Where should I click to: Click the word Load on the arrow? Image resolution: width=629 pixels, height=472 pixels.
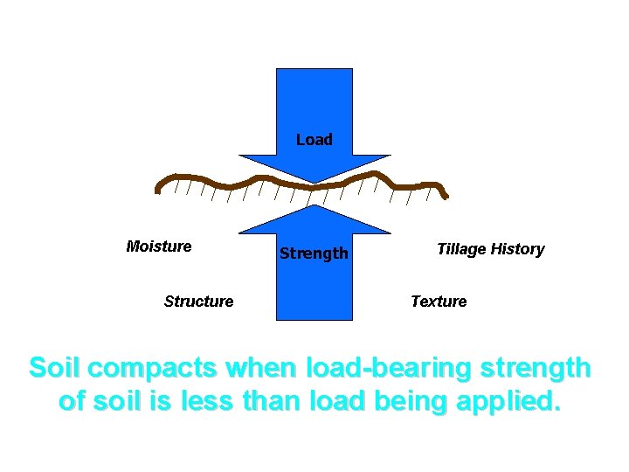(314, 140)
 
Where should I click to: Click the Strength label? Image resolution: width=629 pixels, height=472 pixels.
(314, 253)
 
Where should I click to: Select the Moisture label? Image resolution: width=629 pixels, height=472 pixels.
(159, 246)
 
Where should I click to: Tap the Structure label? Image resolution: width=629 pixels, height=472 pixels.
(198, 302)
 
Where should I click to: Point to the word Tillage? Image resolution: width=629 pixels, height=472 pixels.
(461, 249)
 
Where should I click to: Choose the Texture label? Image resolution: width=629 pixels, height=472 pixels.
(439, 302)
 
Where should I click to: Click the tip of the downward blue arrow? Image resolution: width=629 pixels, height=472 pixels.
(314, 183)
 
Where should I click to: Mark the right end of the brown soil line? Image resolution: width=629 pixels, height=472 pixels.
(446, 196)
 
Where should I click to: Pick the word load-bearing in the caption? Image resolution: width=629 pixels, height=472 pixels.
(382, 368)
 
